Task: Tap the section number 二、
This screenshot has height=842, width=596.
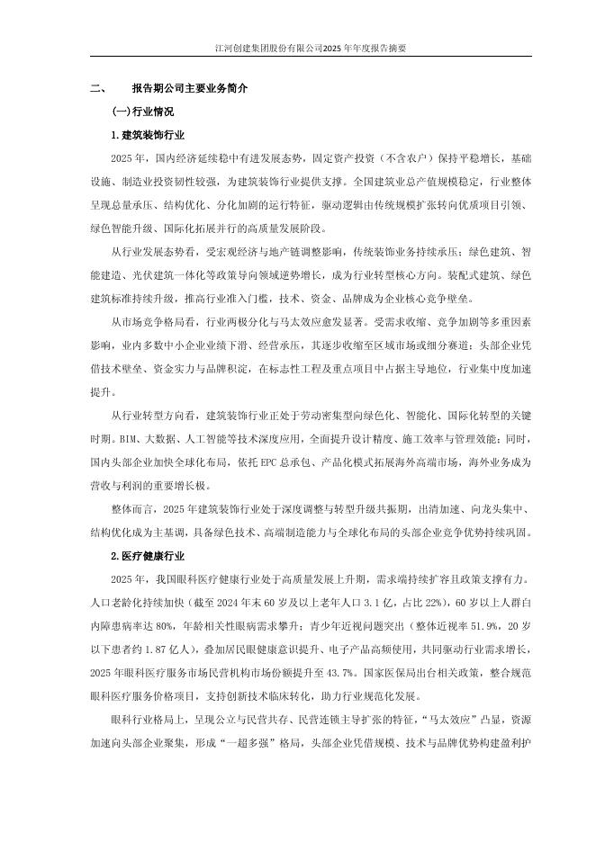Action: coord(99,90)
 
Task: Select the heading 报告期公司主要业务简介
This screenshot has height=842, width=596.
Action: coord(190,90)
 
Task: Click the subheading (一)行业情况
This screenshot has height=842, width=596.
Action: coord(142,112)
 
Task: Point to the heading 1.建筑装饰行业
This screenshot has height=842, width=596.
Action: coord(148,135)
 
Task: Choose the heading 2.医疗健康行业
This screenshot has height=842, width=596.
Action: coord(148,556)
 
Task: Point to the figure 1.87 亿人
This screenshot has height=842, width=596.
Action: coord(177,647)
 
